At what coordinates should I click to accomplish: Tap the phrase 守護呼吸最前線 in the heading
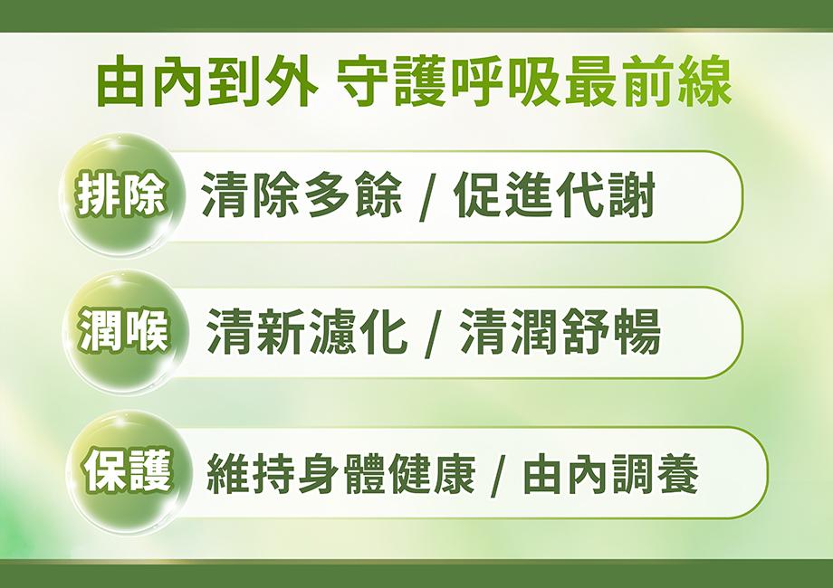tap(534, 83)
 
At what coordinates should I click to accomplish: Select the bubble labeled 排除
tap(120, 195)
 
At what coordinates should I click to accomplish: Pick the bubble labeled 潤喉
tap(124, 333)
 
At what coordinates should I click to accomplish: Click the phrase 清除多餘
tap(302, 195)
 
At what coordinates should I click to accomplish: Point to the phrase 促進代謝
tap(555, 195)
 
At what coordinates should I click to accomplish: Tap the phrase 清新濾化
tap(307, 332)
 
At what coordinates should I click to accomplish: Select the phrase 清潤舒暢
tap(560, 332)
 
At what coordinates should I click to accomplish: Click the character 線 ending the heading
tap(705, 83)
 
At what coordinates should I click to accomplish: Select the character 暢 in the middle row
tap(637, 332)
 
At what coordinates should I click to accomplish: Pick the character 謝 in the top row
tap(631, 195)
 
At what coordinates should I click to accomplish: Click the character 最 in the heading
tap(590, 83)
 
